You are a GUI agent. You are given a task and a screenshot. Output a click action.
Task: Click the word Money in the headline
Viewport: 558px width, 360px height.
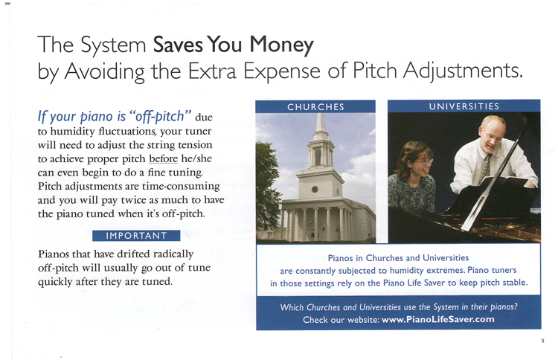click(x=281, y=45)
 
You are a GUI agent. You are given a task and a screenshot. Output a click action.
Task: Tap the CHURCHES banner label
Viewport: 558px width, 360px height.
click(x=315, y=106)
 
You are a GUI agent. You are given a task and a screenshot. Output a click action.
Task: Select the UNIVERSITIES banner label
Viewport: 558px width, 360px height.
click(x=464, y=106)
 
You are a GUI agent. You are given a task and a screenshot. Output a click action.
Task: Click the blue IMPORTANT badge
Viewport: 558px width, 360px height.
click(x=136, y=236)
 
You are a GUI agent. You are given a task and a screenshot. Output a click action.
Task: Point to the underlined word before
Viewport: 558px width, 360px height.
click(x=164, y=158)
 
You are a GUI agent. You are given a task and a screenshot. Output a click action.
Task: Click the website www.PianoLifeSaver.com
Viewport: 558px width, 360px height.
click(x=437, y=319)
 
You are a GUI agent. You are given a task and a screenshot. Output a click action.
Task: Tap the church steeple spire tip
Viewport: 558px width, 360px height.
click(x=321, y=115)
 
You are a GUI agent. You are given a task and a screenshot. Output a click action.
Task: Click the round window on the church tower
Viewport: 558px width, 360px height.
click(x=315, y=189)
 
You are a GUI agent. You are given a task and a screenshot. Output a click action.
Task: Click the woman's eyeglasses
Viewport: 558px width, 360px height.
click(x=425, y=162)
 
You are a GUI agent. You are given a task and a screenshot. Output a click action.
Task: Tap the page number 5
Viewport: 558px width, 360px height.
click(x=542, y=341)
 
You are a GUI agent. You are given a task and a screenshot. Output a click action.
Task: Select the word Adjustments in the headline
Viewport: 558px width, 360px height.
click(x=463, y=71)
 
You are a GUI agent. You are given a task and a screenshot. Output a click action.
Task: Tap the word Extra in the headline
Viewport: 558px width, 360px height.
click(x=212, y=71)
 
